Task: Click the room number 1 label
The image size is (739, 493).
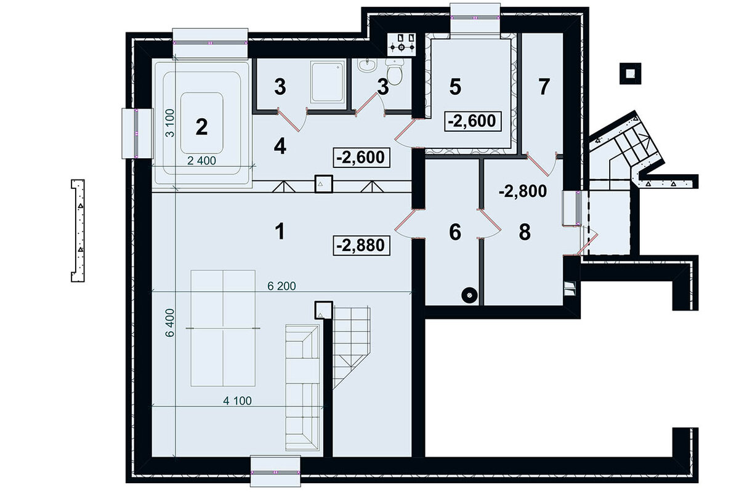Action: (x=280, y=231)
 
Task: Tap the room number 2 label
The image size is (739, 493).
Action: (x=201, y=127)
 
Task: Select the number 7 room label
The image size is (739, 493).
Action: (x=544, y=86)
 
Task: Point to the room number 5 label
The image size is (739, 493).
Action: (x=455, y=87)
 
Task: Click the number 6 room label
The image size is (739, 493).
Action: (x=455, y=232)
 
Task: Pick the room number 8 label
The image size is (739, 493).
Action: (x=525, y=232)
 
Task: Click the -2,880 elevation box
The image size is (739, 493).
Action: (x=361, y=246)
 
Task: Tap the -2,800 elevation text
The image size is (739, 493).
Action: (x=523, y=191)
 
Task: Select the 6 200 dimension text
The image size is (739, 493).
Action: (x=281, y=286)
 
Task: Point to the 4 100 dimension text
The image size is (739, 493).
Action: (x=237, y=401)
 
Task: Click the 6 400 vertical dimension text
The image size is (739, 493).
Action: (x=169, y=323)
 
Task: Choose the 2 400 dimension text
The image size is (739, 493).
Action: (x=201, y=161)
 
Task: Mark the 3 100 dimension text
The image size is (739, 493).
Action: (x=169, y=123)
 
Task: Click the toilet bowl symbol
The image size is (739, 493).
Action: (x=395, y=72)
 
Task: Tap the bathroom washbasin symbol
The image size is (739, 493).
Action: (x=367, y=65)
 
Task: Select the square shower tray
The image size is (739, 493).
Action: (x=327, y=82)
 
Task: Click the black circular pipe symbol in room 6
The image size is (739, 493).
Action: (x=469, y=295)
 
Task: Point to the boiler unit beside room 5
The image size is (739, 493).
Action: (x=402, y=44)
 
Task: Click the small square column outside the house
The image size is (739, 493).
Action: (x=630, y=73)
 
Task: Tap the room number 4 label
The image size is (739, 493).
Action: (x=280, y=146)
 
